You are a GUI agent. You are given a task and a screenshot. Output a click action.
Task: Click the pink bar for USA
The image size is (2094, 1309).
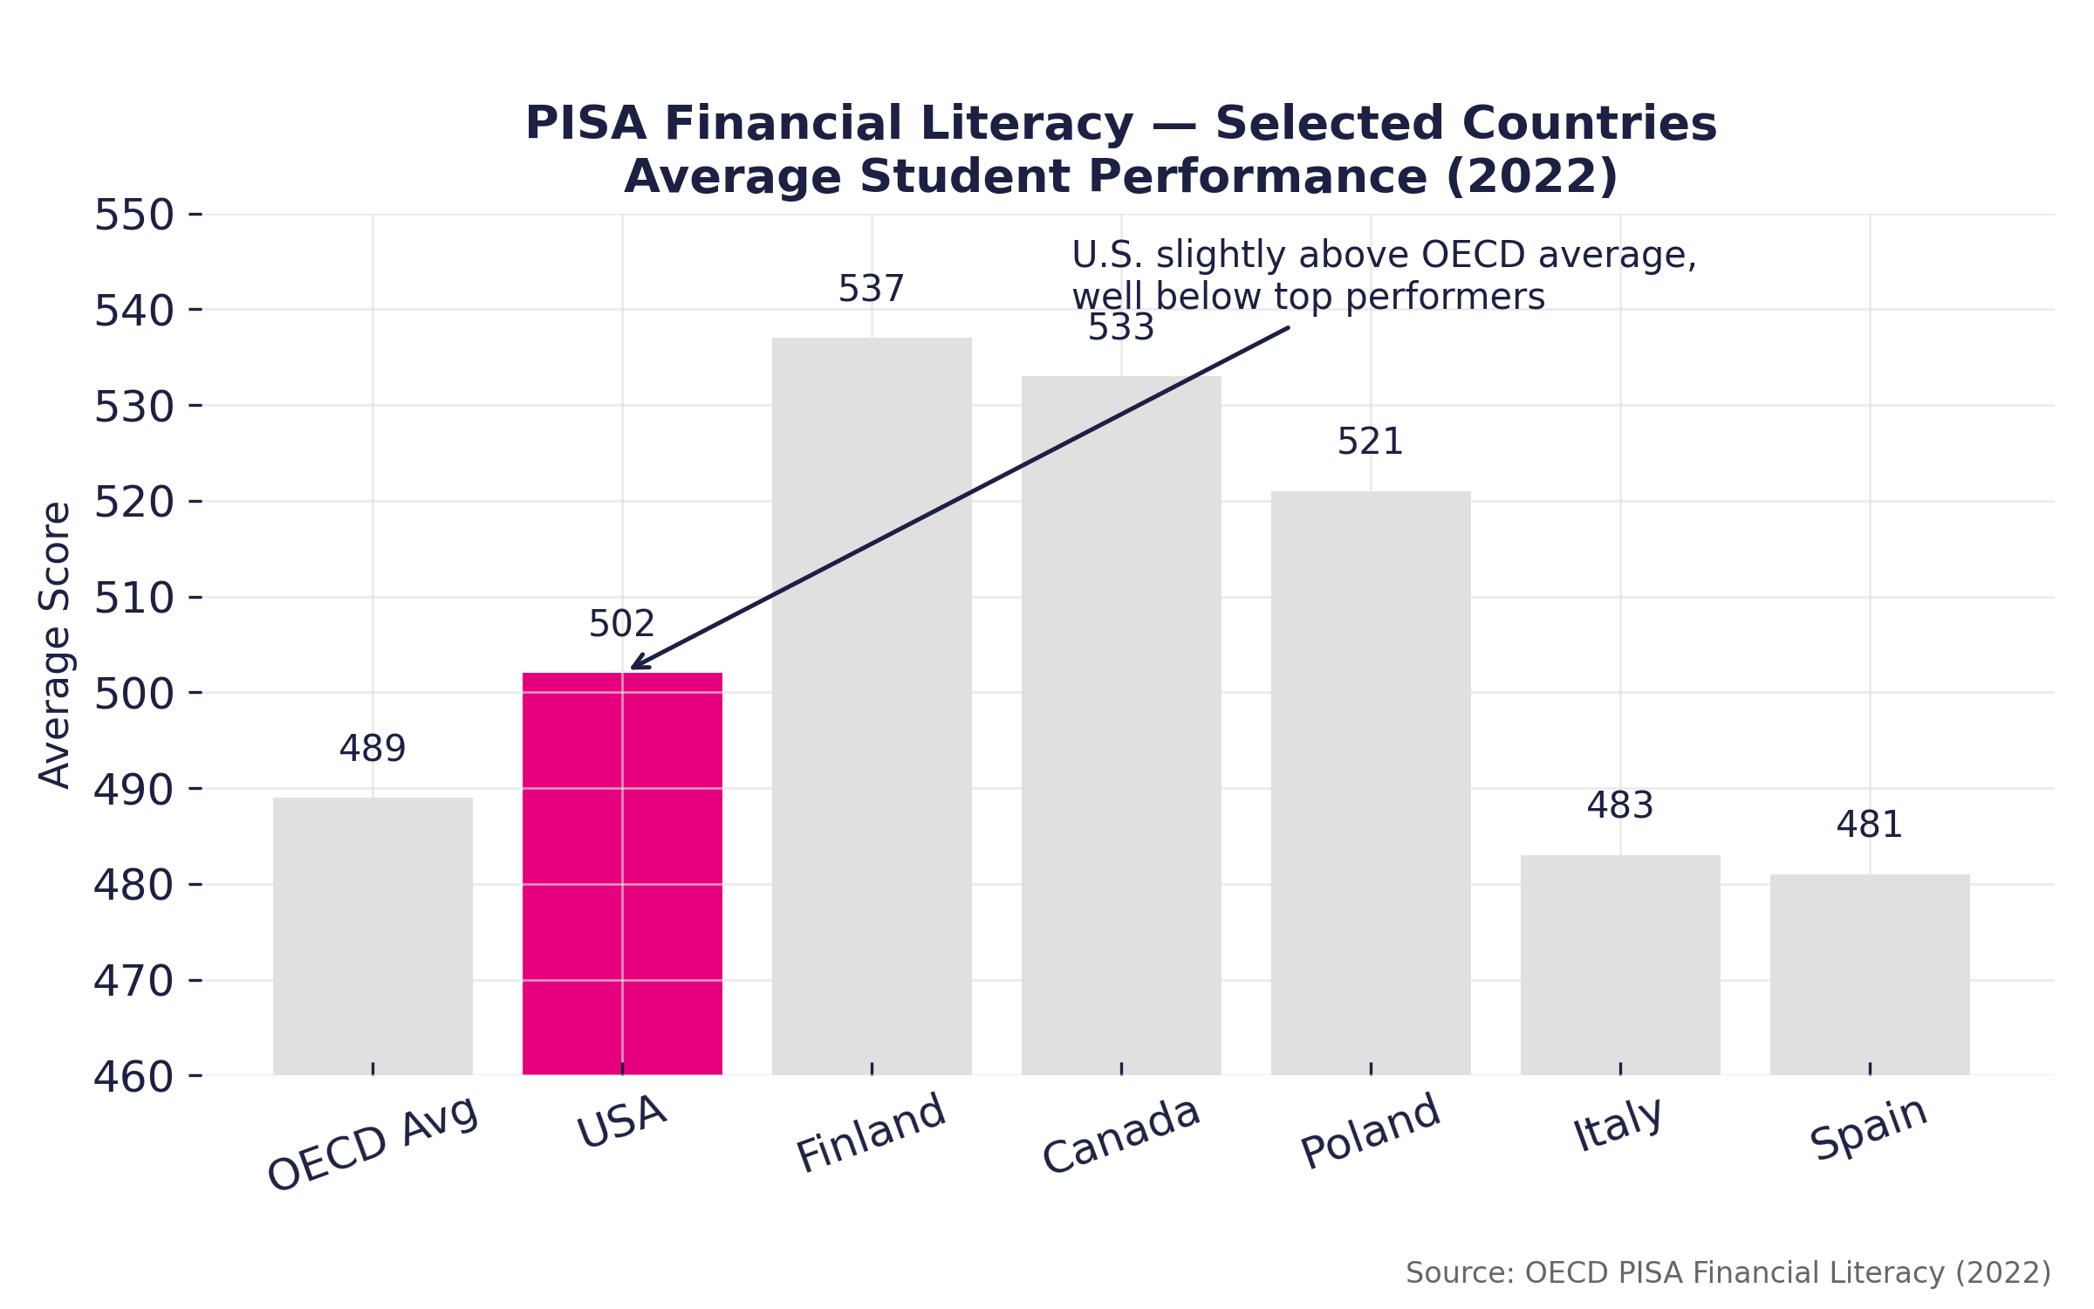[622, 873]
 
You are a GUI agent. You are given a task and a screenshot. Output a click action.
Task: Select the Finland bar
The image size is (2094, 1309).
[872, 707]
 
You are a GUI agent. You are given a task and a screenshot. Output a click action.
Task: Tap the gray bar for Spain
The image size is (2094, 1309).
[1870, 974]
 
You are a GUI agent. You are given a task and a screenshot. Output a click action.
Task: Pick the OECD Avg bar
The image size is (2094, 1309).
[373, 935]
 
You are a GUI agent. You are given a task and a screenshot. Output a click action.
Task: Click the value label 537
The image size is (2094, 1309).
[871, 290]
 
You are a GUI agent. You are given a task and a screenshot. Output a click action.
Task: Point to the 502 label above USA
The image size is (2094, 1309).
[621, 625]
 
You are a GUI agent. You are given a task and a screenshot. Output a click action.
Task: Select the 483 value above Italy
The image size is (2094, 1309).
[1619, 806]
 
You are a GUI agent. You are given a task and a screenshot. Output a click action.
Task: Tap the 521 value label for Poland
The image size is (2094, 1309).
[1370, 442]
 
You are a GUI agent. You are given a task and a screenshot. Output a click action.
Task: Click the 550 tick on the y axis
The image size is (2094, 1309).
[133, 216]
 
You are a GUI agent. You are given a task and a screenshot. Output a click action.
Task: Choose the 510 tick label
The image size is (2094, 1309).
[133, 599]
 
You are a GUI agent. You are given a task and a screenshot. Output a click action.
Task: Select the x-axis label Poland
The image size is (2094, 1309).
[1370, 1131]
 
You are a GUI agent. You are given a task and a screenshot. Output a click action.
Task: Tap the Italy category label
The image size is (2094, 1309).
[1618, 1124]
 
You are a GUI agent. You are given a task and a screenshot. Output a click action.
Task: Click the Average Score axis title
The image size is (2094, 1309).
[56, 645]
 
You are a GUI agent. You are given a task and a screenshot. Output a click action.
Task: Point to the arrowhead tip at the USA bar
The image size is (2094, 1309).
[633, 668]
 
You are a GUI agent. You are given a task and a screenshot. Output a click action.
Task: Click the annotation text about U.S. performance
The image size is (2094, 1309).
[1384, 276]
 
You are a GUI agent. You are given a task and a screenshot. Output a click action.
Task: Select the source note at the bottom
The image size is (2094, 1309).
[1728, 1273]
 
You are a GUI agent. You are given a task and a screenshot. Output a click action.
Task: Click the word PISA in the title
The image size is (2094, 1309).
[585, 124]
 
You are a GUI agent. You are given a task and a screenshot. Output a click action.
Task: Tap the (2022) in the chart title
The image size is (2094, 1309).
[1531, 177]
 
